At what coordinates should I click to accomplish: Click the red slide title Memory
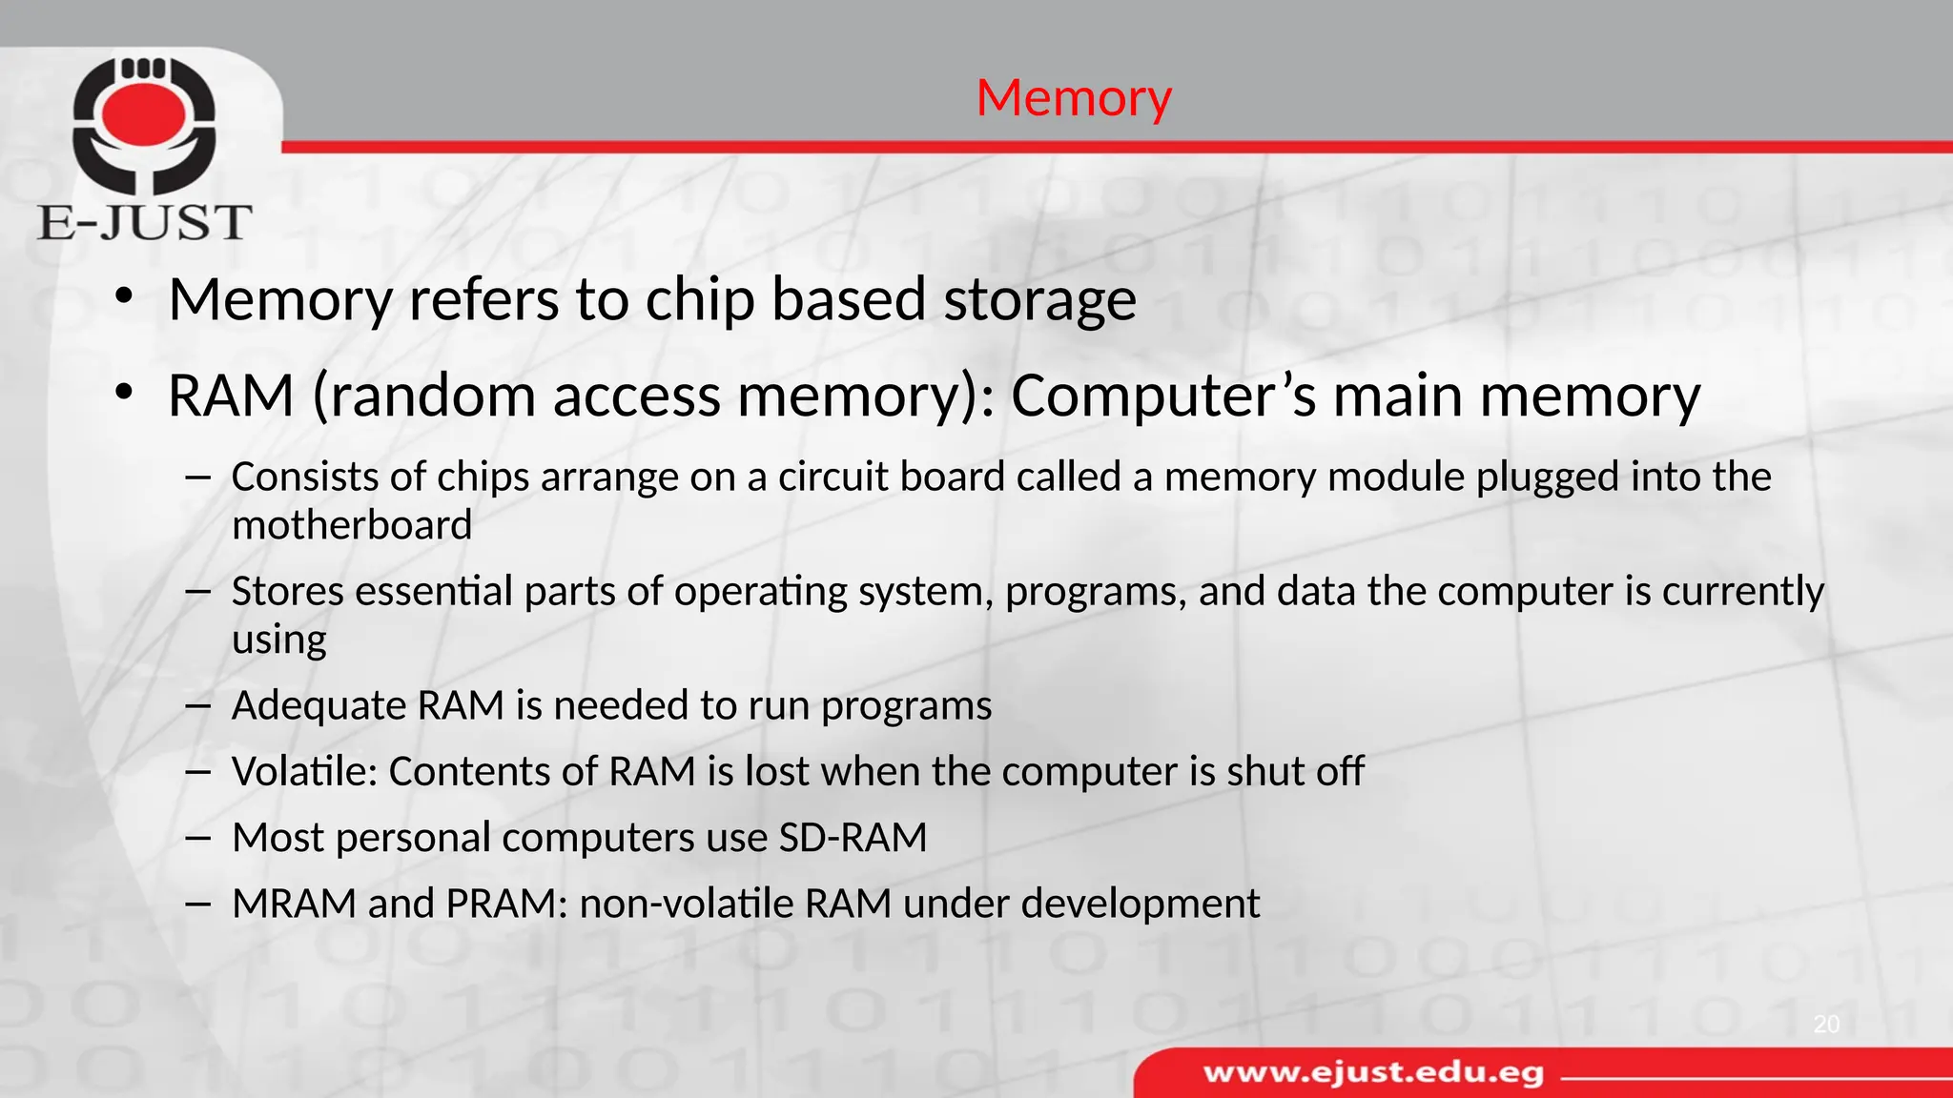(1074, 98)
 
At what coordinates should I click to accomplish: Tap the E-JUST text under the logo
(145, 222)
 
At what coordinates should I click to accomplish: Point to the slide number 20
(1826, 1025)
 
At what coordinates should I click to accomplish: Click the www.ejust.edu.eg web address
(1373, 1073)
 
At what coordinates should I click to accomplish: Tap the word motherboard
(352, 525)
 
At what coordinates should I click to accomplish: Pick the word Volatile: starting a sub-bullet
(305, 771)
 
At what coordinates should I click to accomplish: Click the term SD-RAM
(853, 838)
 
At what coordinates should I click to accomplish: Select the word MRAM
(294, 904)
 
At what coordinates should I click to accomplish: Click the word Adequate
(319, 706)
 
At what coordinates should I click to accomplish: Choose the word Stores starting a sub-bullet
(287, 591)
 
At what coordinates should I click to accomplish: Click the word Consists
(305, 477)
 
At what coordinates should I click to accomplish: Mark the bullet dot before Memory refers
(123, 297)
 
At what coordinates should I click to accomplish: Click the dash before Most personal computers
(198, 838)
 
